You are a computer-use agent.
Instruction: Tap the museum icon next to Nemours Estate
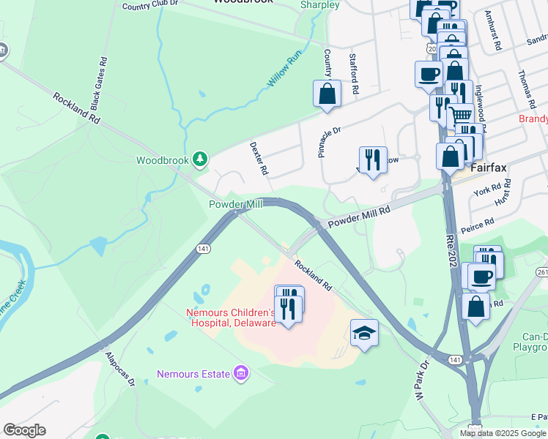[240, 374]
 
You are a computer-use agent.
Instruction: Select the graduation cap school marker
[364, 333]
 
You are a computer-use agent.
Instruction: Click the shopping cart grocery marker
[460, 115]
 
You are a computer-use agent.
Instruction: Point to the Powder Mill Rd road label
[359, 216]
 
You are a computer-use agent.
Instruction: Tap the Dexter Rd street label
[259, 158]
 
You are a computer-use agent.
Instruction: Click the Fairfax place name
[489, 168]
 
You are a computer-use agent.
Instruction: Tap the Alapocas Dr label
[119, 368]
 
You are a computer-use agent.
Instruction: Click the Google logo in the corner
[24, 430]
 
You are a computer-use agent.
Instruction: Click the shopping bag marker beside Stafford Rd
[327, 94]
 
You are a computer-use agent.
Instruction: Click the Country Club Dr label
[151, 6]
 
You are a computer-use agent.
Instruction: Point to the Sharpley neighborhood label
[320, 5]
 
